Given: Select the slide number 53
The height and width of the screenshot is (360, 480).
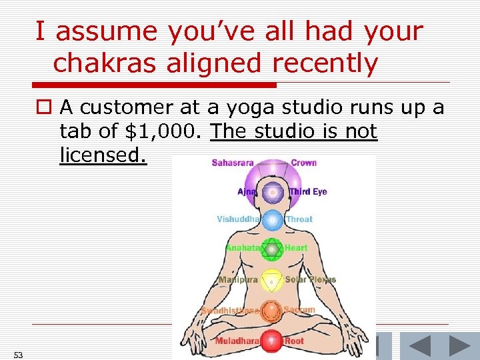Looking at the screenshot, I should (x=18, y=355).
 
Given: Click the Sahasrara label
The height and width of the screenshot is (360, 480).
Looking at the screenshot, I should (x=233, y=163).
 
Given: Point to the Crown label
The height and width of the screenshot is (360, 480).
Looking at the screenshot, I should (x=304, y=163).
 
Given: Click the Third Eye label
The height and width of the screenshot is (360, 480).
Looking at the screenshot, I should (x=309, y=192).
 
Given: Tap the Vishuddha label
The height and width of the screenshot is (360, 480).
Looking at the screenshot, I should (x=238, y=219).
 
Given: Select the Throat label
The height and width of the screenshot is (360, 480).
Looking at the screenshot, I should (x=299, y=219).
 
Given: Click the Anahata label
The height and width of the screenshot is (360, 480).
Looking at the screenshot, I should (x=242, y=247).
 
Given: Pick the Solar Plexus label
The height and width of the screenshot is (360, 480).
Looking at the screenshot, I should (x=311, y=279).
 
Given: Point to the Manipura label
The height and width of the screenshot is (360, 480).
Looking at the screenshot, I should (x=238, y=280).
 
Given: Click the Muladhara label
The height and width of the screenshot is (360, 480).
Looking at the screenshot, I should (x=237, y=341).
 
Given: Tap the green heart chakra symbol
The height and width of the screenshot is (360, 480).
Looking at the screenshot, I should (x=271, y=249).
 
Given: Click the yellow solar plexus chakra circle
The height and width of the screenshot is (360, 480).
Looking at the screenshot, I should (x=271, y=281).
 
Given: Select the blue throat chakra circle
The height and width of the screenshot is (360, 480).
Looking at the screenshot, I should (x=271, y=220).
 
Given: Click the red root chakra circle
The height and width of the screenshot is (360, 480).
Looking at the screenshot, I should (x=271, y=341).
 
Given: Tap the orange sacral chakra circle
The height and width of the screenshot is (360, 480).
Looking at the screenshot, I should (x=271, y=311).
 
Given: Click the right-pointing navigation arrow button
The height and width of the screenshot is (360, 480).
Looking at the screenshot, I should (x=459, y=346).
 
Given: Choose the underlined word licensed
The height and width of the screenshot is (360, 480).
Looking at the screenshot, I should (x=102, y=155).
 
